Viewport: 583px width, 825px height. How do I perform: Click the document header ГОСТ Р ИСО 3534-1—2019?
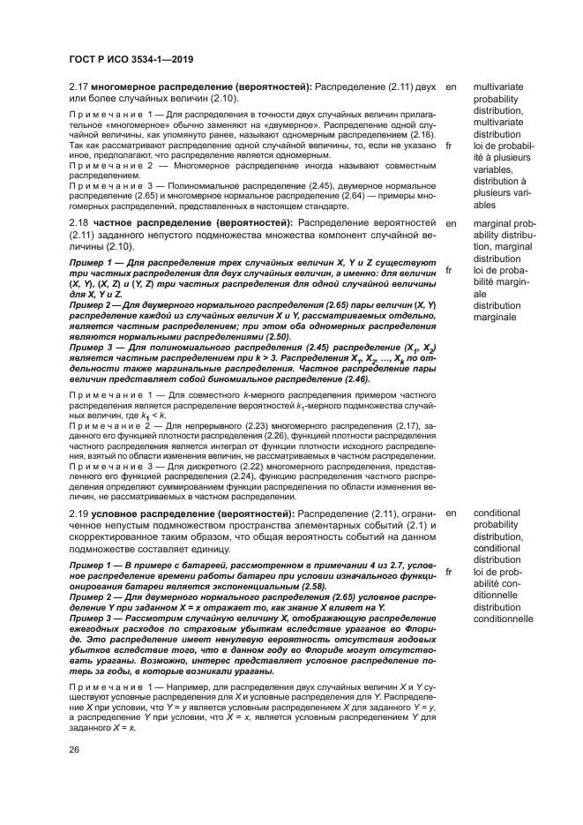click(131, 59)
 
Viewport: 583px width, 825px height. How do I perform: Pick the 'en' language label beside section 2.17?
click(452, 89)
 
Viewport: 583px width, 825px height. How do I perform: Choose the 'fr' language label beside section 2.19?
click(451, 572)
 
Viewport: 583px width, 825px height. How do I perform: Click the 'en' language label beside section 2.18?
click(452, 223)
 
